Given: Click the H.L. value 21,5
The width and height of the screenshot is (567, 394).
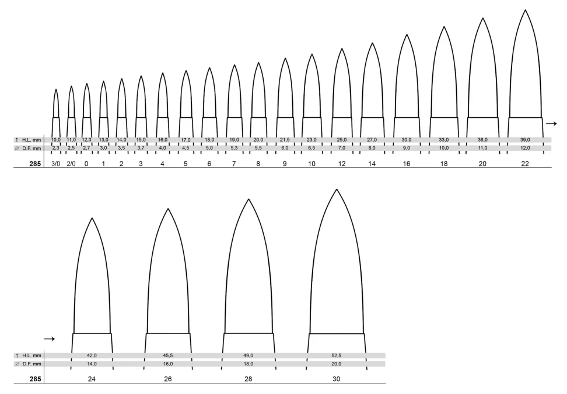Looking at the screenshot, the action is click(285, 140).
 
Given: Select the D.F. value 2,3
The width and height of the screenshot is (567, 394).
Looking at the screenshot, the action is click(55, 148).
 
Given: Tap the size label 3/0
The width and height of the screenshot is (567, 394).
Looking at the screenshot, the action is click(55, 164).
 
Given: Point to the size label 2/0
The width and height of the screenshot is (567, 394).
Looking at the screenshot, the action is click(71, 164).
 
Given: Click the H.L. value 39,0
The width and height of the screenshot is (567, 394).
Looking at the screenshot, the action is click(525, 140).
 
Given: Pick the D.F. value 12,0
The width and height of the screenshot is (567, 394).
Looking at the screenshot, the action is click(525, 148).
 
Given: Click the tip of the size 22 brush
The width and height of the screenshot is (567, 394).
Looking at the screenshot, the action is click(525, 10).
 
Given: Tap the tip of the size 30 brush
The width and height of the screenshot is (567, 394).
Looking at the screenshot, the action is click(337, 189).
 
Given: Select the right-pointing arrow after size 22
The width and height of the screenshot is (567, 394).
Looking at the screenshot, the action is click(551, 124).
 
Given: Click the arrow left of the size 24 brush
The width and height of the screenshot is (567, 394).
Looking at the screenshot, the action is click(49, 339).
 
